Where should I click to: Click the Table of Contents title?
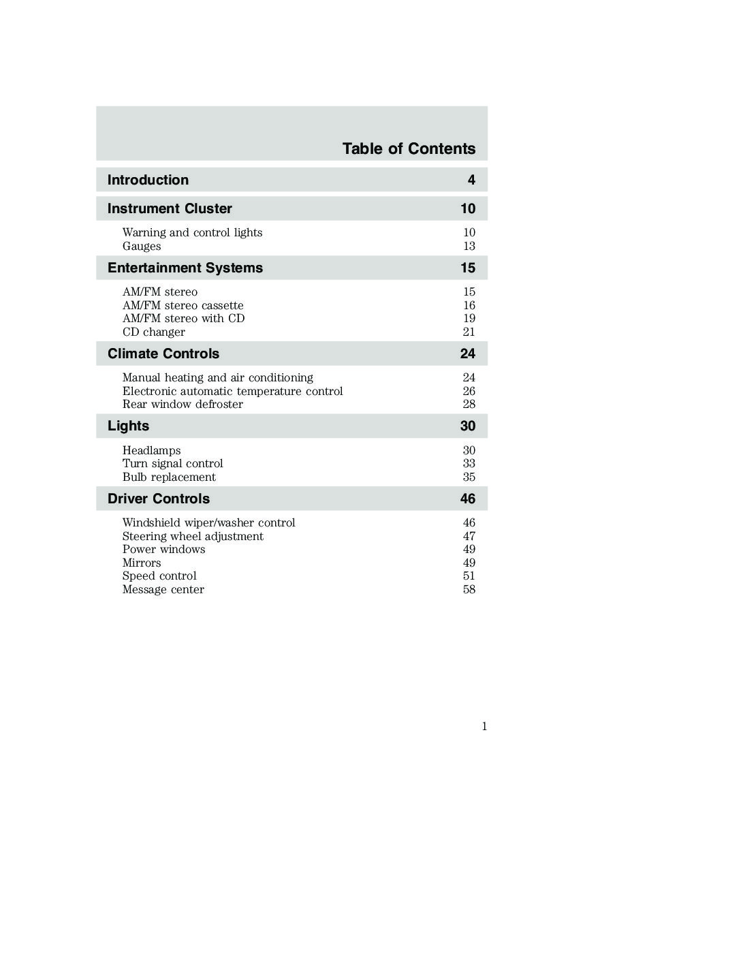tap(409, 148)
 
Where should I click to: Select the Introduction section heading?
tap(148, 180)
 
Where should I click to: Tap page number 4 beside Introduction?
tap(471, 180)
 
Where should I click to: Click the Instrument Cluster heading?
tap(170, 208)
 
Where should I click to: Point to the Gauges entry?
tap(142, 246)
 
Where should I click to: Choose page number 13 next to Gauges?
tap(469, 246)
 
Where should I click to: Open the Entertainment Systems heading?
tap(185, 268)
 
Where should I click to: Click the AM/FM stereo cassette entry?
tap(183, 305)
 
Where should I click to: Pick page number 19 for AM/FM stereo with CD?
tap(469, 318)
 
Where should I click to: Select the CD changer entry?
tap(153, 332)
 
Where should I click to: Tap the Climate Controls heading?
tap(163, 353)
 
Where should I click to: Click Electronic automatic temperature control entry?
tap(232, 391)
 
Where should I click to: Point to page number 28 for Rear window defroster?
tap(469, 404)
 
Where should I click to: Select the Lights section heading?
tap(128, 426)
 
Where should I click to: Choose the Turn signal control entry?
tap(172, 463)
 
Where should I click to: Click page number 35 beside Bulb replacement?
tap(469, 477)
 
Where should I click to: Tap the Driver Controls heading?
tap(159, 499)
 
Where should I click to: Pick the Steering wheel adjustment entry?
tap(193, 536)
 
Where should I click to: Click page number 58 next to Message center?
tap(469, 589)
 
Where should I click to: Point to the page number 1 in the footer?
tap(484, 726)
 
